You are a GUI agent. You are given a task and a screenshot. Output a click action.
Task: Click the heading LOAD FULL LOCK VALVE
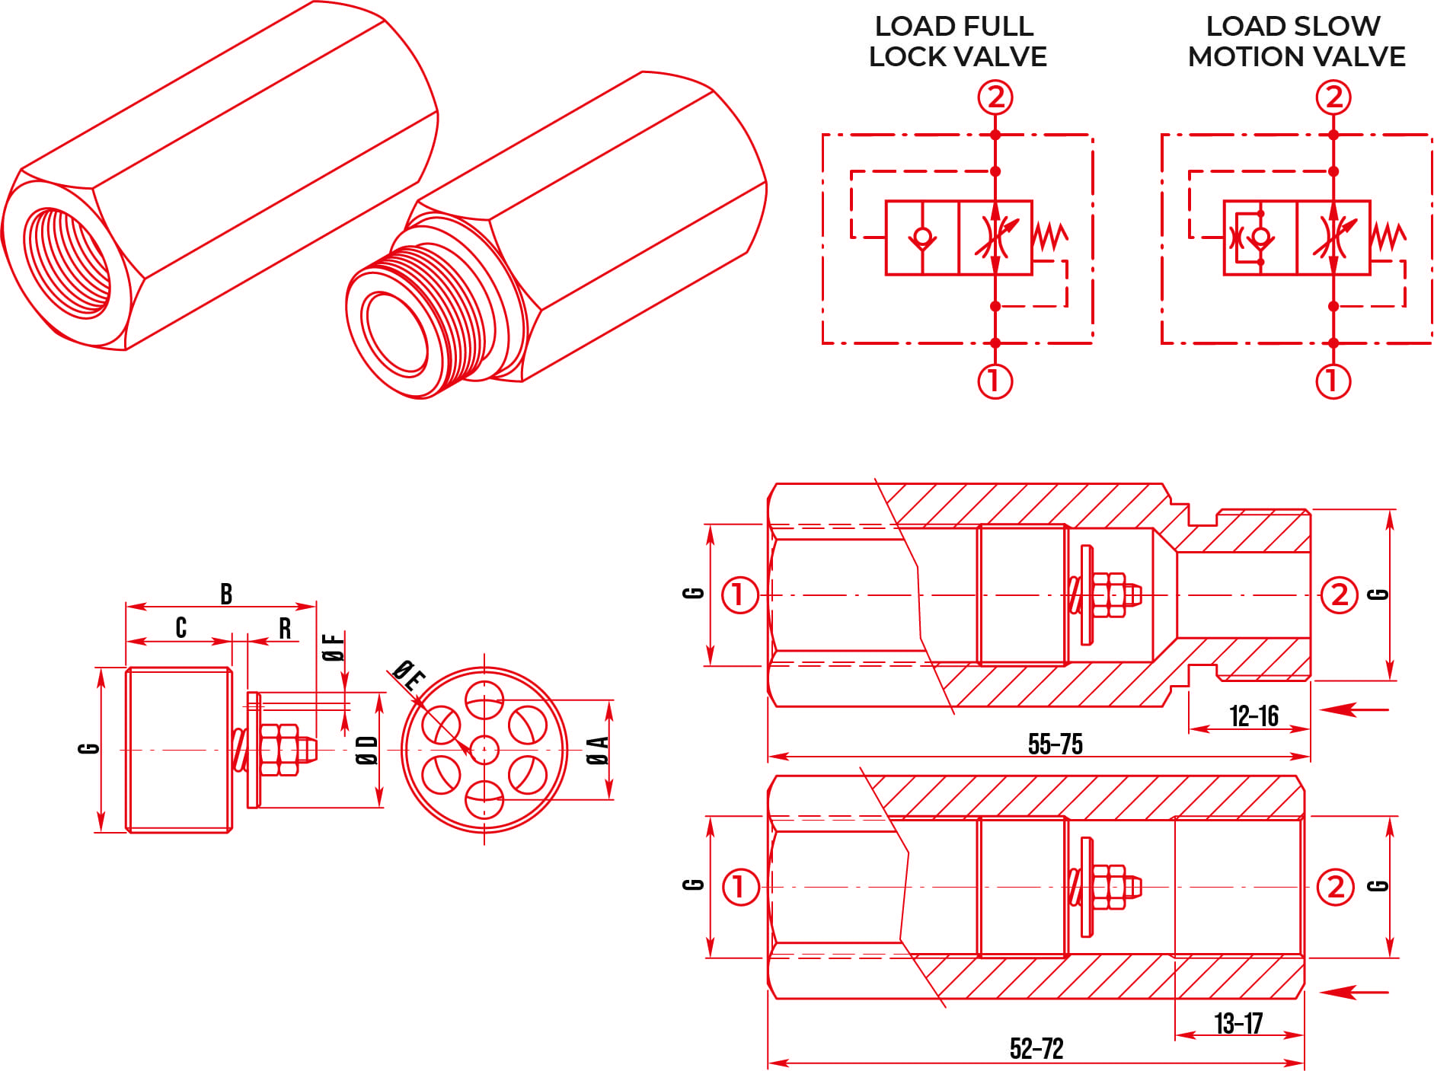coord(957,41)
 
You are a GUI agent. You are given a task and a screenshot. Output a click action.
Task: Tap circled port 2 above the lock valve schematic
coord(995,97)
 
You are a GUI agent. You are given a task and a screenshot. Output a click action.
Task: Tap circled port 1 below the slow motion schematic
coord(1333,381)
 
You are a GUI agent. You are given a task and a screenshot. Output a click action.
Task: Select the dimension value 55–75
coord(1055,744)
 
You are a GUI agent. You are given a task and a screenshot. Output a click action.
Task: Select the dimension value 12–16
coord(1254,716)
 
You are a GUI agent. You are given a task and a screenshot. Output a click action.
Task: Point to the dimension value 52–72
coord(1036,1048)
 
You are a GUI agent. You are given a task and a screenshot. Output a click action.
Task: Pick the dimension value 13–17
coord(1238,1023)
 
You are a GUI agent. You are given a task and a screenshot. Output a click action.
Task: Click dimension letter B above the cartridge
coord(226,594)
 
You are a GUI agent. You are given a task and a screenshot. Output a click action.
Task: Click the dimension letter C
coord(181,627)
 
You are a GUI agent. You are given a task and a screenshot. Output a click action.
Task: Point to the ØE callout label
coord(408,674)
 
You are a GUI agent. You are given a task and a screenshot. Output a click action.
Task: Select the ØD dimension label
coord(367,750)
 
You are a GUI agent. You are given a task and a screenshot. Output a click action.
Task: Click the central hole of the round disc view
coord(484,750)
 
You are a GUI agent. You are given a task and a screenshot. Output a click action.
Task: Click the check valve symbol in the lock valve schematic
coord(922,237)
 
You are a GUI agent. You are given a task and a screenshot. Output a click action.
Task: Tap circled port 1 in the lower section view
coord(739,887)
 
